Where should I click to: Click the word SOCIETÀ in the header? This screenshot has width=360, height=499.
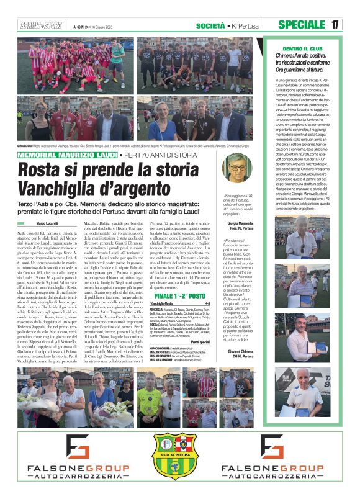pyautogui.click(x=210, y=25)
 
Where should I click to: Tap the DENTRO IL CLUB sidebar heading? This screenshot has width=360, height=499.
pyautogui.click(x=288, y=48)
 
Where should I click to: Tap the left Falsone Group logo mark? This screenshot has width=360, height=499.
pyautogui.click(x=61, y=447)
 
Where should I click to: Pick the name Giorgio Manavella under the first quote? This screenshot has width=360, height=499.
pyautogui.click(x=242, y=222)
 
